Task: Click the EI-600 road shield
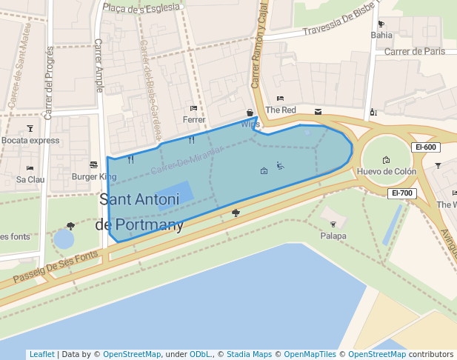tap(427, 147)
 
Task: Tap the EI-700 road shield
tap(402, 193)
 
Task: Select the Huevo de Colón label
tap(386, 172)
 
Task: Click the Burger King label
tap(94, 177)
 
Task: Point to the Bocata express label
tap(30, 140)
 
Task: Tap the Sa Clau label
tap(30, 179)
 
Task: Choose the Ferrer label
tap(193, 119)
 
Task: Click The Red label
tap(281, 110)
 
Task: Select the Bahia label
tap(381, 35)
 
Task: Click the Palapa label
tap(333, 236)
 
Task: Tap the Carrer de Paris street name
tap(414, 52)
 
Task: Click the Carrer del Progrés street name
tap(50, 81)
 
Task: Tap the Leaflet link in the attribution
tap(41, 354)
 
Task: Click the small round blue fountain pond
tap(64, 239)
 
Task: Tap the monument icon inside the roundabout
tap(386, 160)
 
